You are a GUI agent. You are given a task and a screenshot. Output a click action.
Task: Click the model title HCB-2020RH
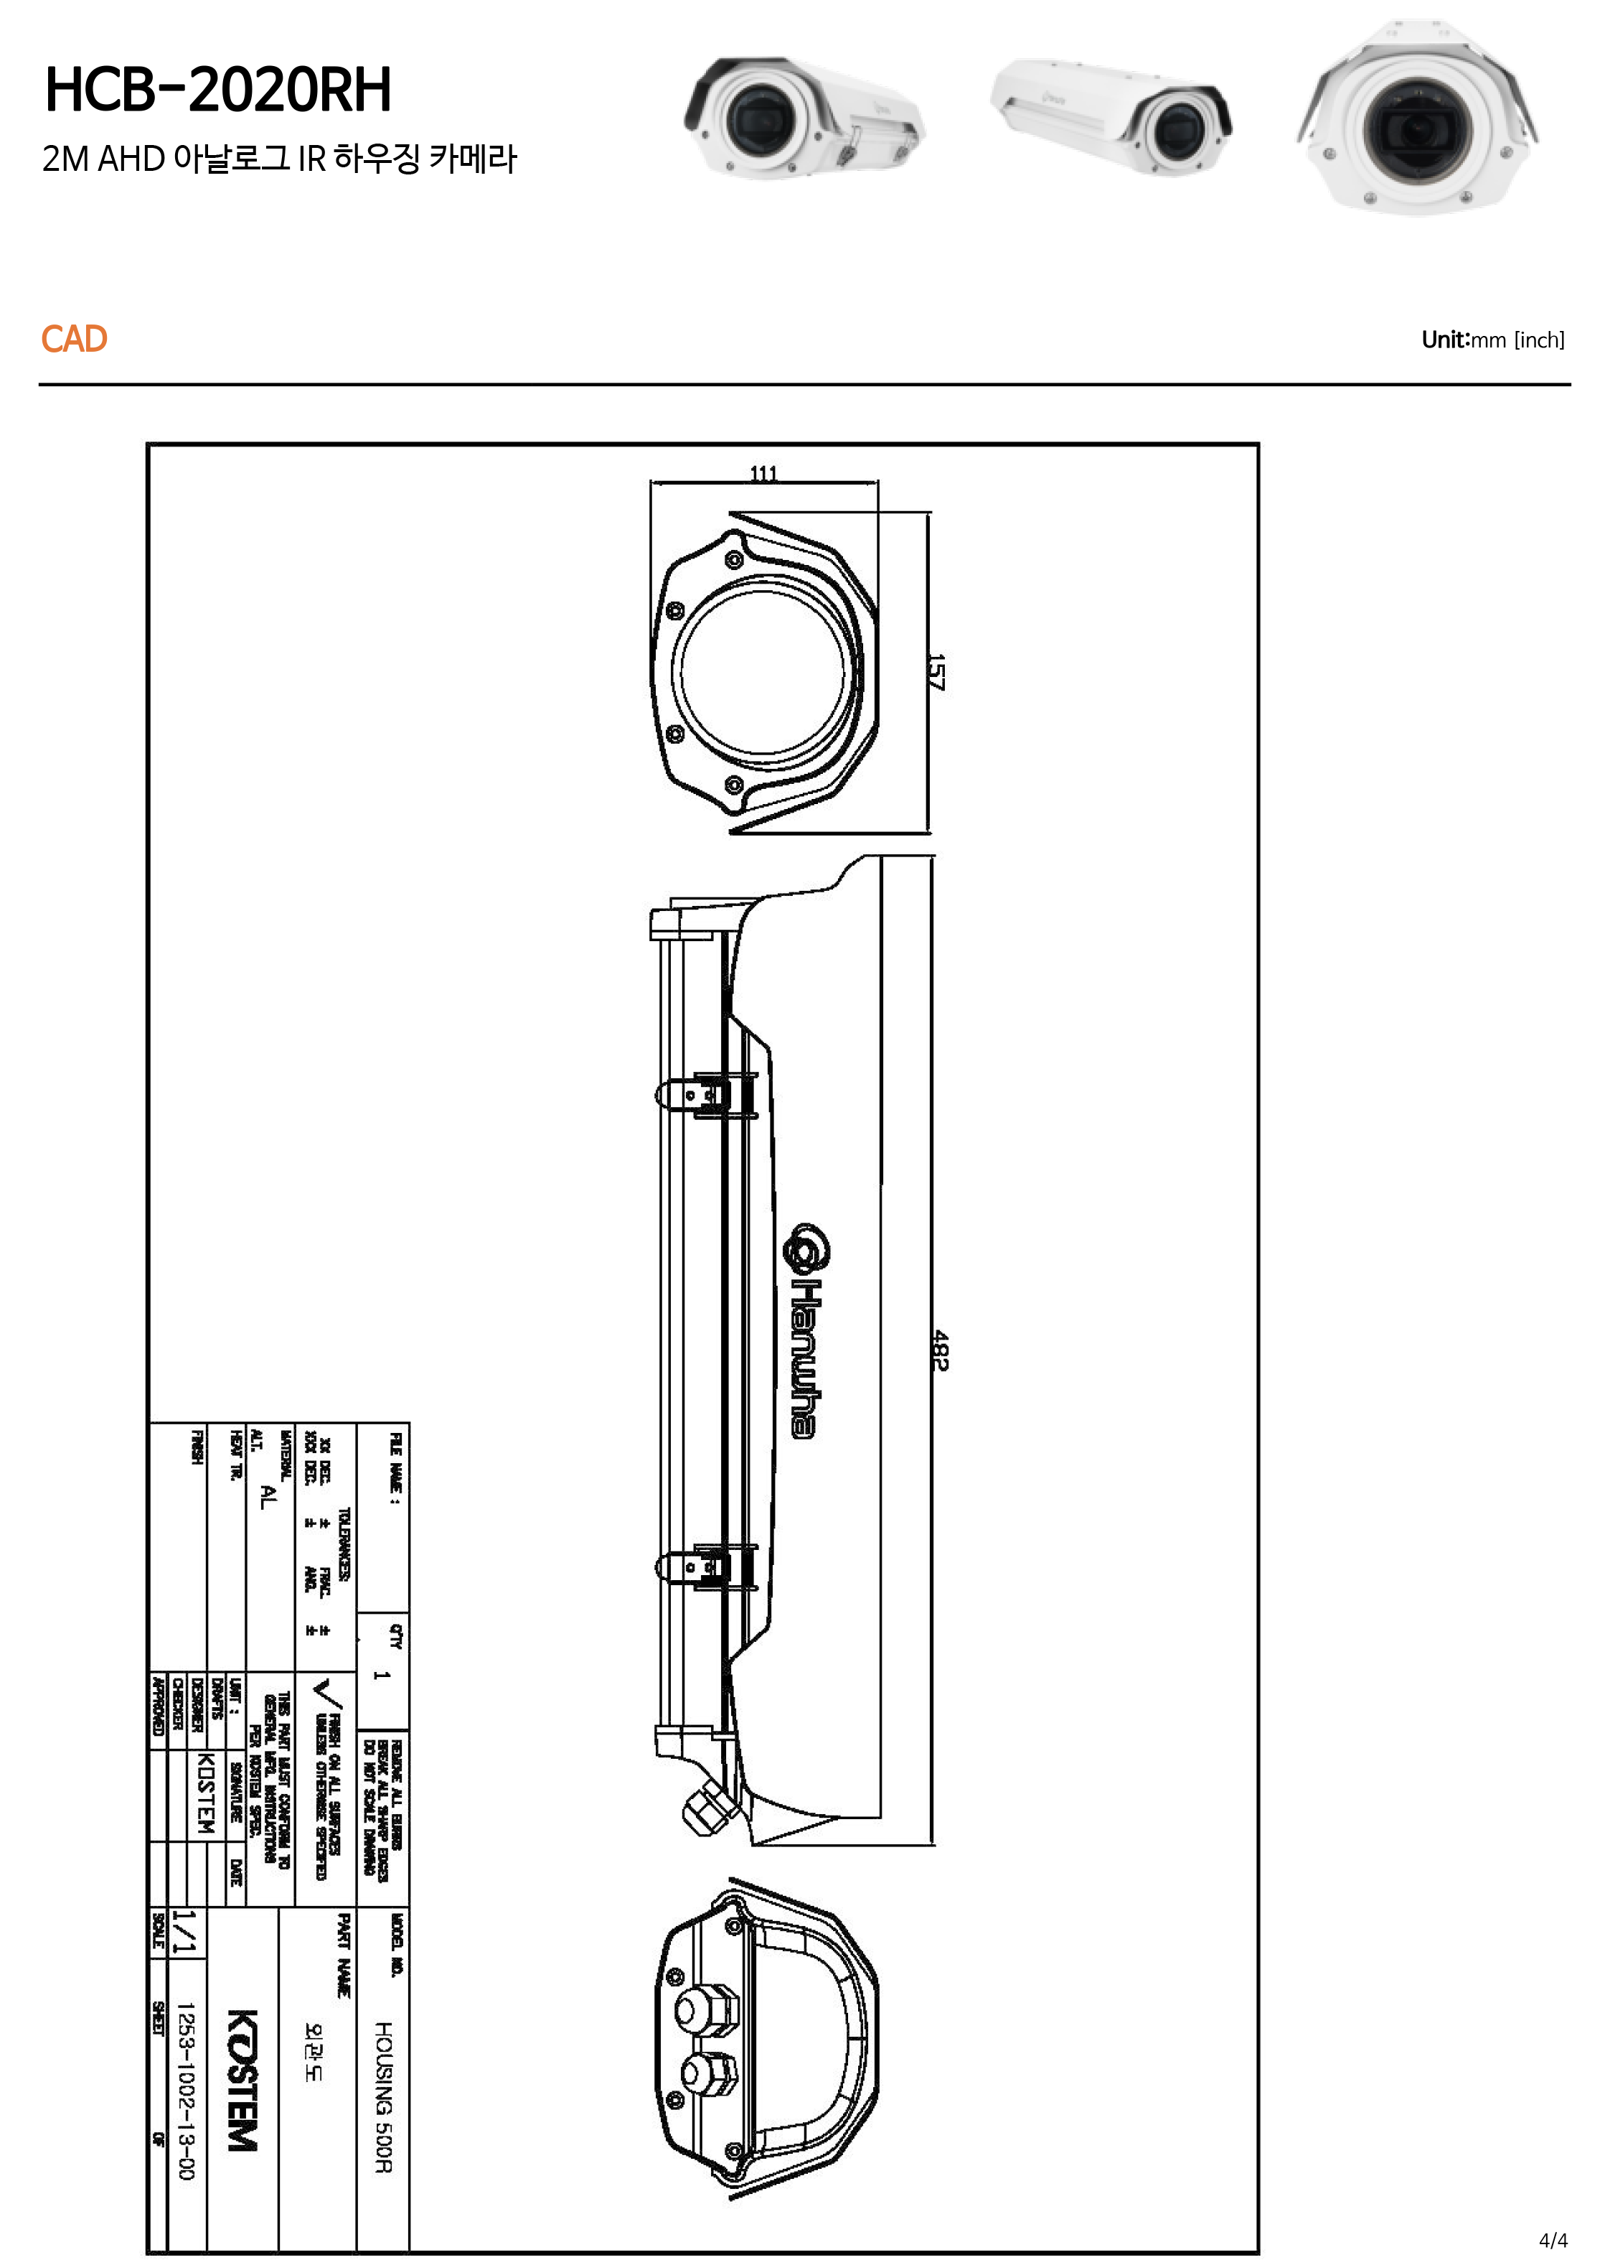click(x=218, y=90)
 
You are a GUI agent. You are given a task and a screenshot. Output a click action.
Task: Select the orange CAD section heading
click(x=75, y=339)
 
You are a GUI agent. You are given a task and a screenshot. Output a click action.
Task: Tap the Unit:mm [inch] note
click(x=1492, y=340)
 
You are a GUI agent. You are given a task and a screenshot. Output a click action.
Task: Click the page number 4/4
click(x=1553, y=2240)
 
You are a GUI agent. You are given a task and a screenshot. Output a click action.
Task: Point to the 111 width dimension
click(x=763, y=474)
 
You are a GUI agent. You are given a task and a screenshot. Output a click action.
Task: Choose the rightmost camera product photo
click(x=1417, y=119)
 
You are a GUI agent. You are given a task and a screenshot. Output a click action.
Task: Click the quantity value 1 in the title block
click(x=382, y=1675)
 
